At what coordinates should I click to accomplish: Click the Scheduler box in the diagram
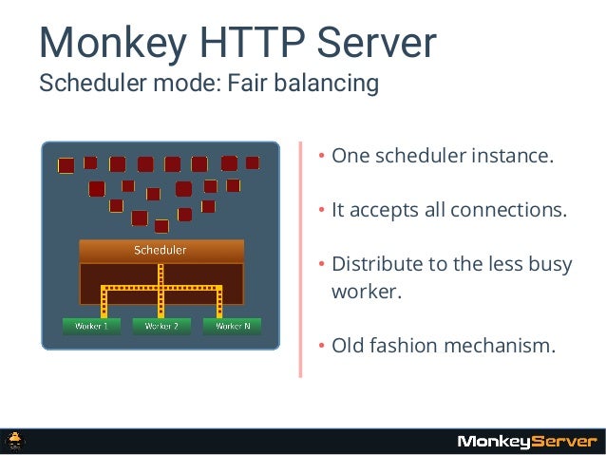161,251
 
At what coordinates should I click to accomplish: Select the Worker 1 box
85,326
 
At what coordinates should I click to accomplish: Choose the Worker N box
233,326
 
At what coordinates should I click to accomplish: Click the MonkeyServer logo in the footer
527,441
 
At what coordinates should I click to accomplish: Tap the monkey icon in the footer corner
17,441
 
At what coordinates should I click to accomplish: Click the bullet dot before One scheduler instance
322,157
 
